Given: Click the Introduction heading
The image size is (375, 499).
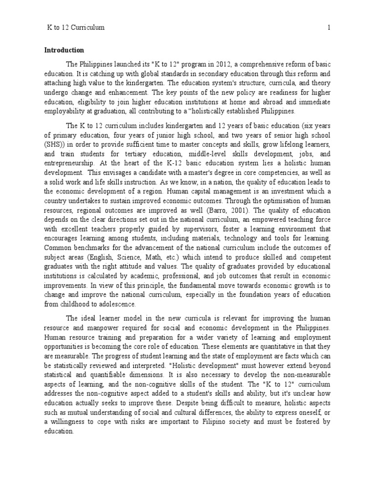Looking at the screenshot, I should click(64, 50).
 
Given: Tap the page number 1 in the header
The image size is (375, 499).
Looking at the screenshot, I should click(329, 28).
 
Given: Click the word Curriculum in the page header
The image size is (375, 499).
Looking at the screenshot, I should click(88, 28).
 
